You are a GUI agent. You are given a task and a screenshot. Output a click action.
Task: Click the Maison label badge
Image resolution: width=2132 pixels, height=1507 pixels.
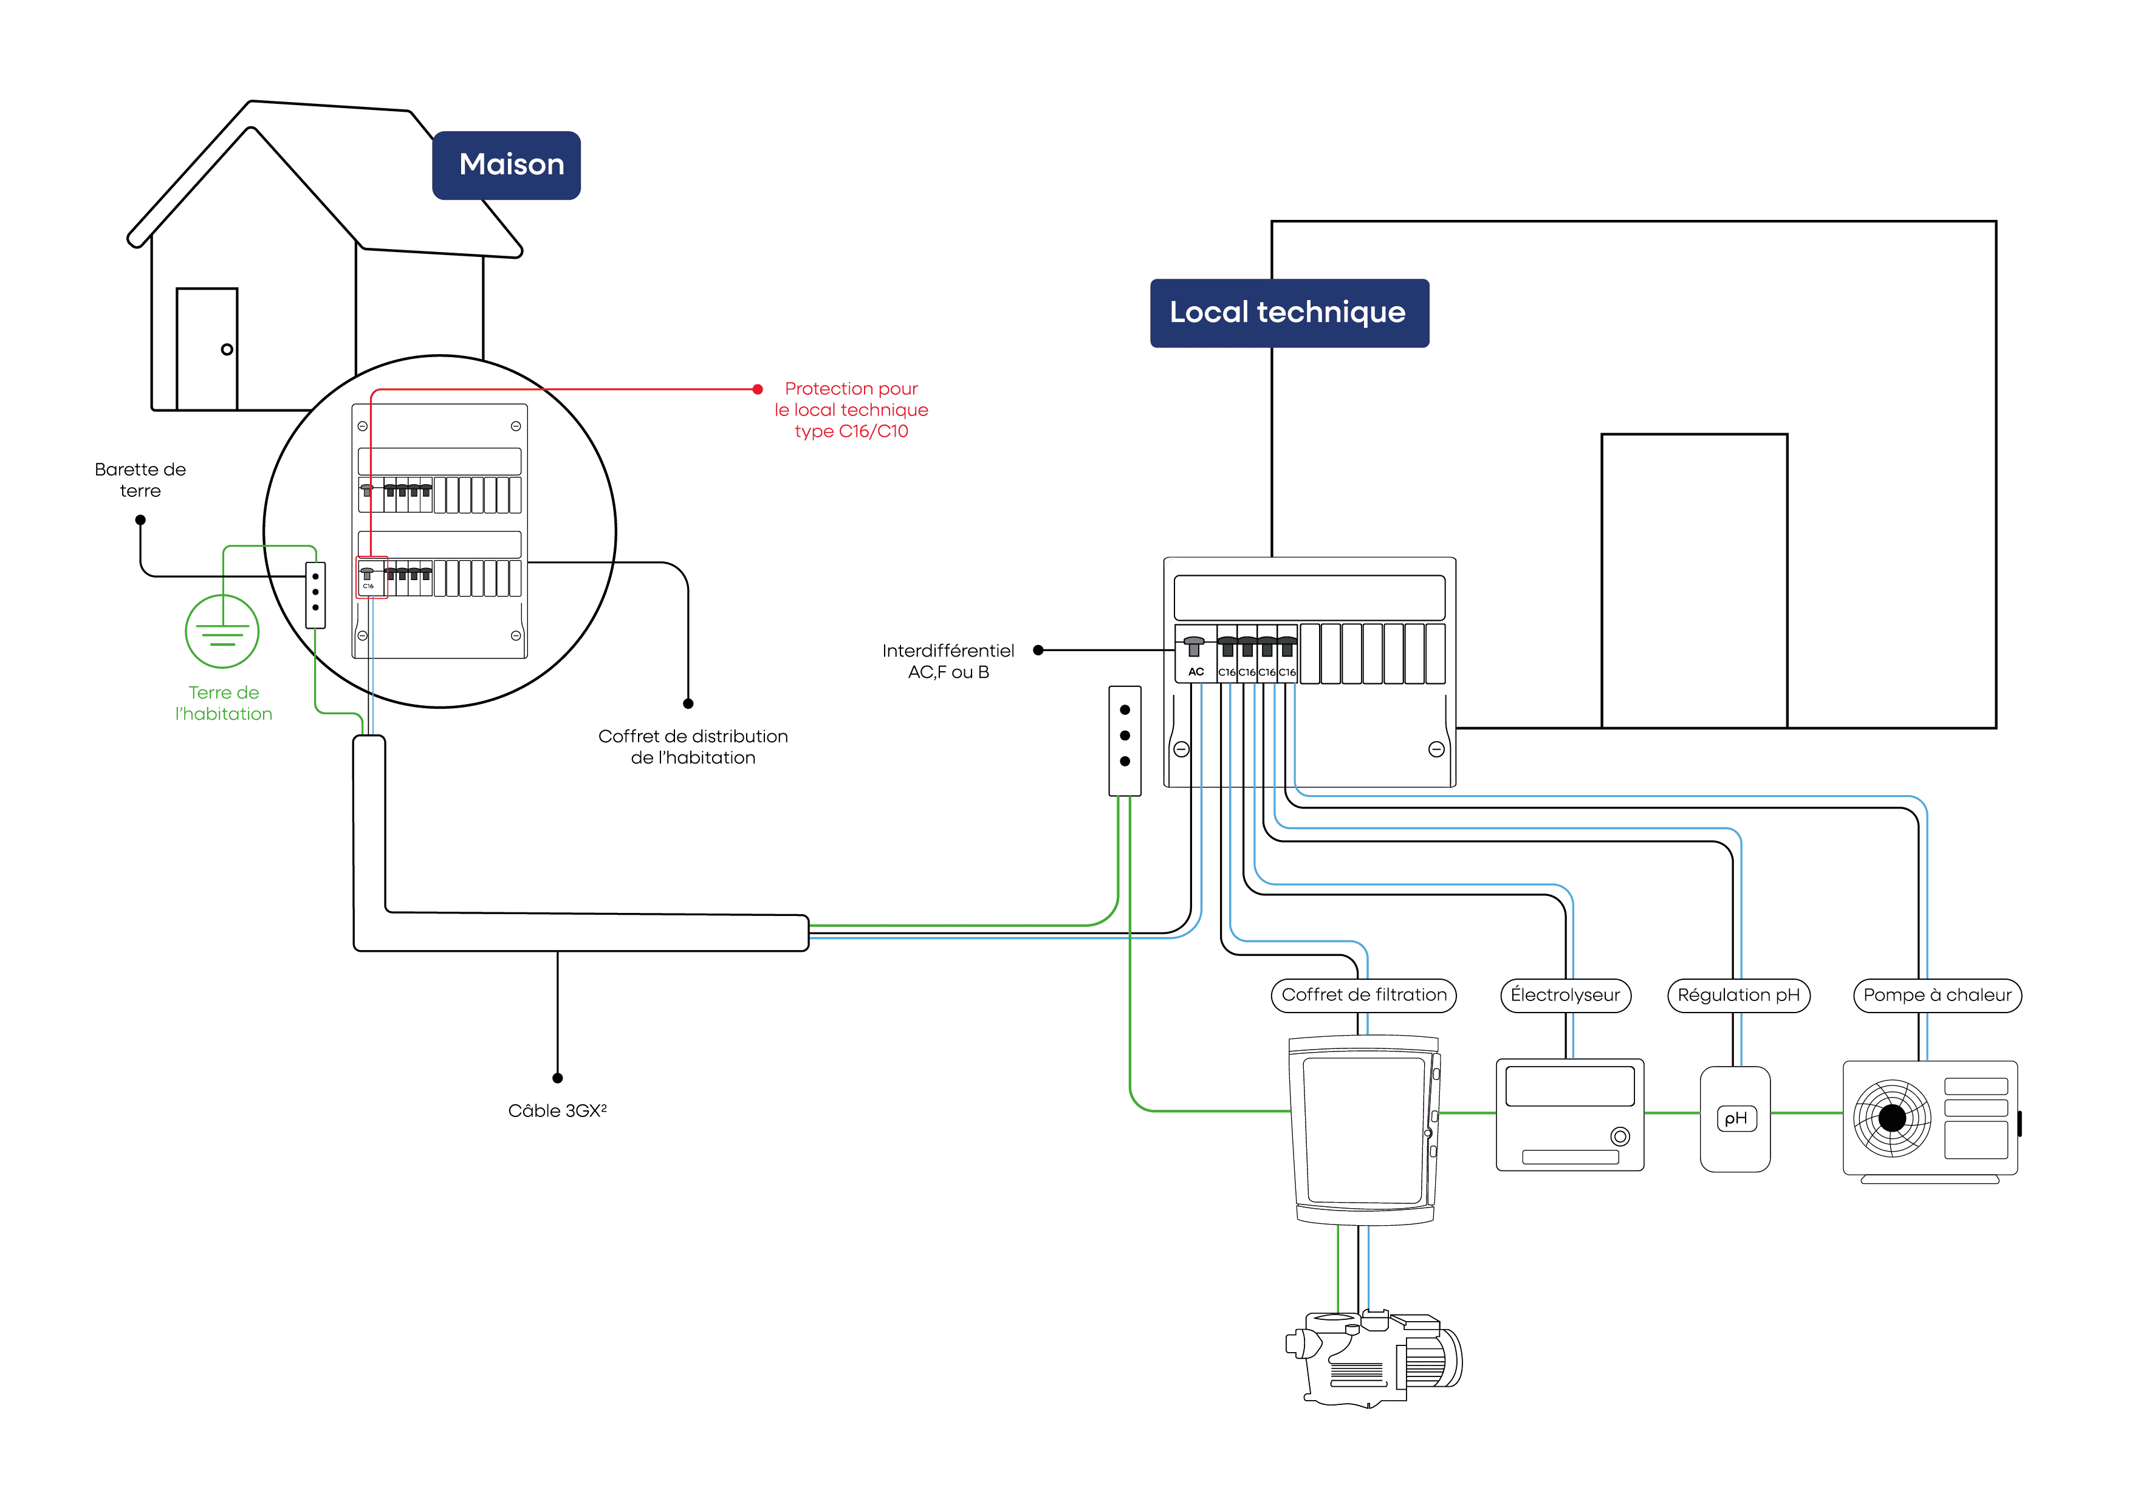point(507,165)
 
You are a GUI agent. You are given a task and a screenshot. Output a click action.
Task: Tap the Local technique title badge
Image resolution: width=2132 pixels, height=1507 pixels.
point(1288,313)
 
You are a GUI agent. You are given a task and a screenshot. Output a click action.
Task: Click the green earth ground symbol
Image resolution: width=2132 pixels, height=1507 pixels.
point(222,631)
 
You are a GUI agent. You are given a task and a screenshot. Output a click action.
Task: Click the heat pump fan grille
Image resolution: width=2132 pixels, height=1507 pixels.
point(1891,1118)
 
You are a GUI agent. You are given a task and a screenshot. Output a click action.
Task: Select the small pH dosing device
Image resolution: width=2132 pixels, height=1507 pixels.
point(1735,1119)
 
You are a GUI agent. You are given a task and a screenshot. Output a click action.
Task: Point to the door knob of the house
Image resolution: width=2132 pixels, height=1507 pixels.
point(227,350)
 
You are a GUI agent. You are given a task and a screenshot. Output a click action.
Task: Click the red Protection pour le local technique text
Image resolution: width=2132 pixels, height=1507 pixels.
point(851,409)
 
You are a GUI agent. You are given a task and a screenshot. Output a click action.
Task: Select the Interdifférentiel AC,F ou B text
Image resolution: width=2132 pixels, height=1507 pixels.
point(948,661)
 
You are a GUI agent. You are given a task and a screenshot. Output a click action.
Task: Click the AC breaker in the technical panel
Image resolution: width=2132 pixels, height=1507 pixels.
point(1195,655)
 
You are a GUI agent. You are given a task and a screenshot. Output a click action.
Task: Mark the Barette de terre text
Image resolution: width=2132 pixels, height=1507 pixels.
point(140,480)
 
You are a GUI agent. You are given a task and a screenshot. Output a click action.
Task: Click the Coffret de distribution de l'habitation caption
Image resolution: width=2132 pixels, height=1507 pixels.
point(693,747)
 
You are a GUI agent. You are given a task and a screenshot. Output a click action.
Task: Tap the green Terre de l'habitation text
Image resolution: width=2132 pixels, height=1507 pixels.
point(224,703)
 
